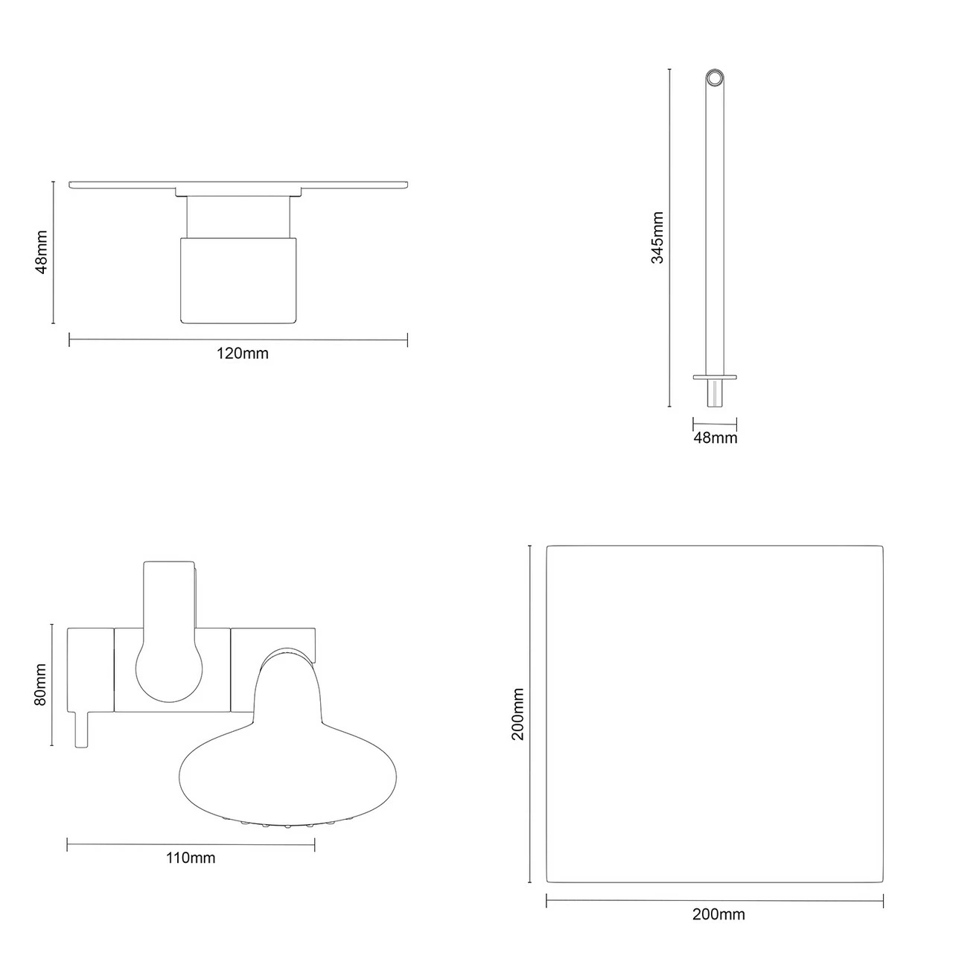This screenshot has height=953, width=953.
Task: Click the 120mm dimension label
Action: [x=242, y=354]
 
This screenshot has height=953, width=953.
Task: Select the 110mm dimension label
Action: [x=190, y=858]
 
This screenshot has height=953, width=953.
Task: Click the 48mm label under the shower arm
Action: [x=715, y=438]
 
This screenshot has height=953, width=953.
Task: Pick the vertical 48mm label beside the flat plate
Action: [x=42, y=252]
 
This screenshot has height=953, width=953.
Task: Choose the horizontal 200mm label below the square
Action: [x=718, y=914]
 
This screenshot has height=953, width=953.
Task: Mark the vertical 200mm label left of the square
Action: [x=518, y=714]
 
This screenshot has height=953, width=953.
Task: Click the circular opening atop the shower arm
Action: [x=715, y=78]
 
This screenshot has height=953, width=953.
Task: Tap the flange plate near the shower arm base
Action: [x=715, y=377]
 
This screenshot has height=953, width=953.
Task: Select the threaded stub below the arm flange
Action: [x=715, y=393]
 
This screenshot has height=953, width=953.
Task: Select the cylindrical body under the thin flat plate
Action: [x=238, y=279]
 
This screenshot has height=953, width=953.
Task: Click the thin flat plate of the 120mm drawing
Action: [x=238, y=184]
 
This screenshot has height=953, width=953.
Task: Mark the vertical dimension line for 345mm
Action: [x=669, y=238]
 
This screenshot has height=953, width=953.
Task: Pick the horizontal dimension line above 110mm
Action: [x=190, y=844]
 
